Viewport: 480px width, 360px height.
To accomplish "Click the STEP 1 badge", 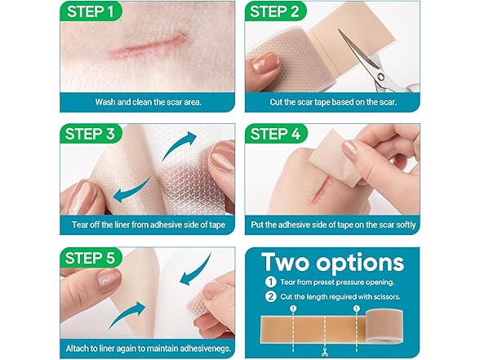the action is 91,11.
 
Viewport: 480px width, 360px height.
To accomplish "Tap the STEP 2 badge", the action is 275,11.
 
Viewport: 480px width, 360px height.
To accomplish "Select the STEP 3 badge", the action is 91,134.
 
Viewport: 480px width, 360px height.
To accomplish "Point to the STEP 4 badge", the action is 276,134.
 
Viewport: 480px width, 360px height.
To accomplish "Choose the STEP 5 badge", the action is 91,257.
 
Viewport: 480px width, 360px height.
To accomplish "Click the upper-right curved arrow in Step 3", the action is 178,144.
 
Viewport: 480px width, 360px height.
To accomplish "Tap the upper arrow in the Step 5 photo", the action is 196,271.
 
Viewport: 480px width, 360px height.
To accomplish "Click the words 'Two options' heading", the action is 333,263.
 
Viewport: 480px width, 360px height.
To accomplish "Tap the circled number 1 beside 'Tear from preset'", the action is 270,282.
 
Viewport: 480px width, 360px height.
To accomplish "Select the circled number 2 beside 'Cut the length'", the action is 270,296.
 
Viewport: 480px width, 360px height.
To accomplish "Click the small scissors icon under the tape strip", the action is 325,353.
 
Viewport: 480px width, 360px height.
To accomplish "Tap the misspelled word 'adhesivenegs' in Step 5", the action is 206,349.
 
